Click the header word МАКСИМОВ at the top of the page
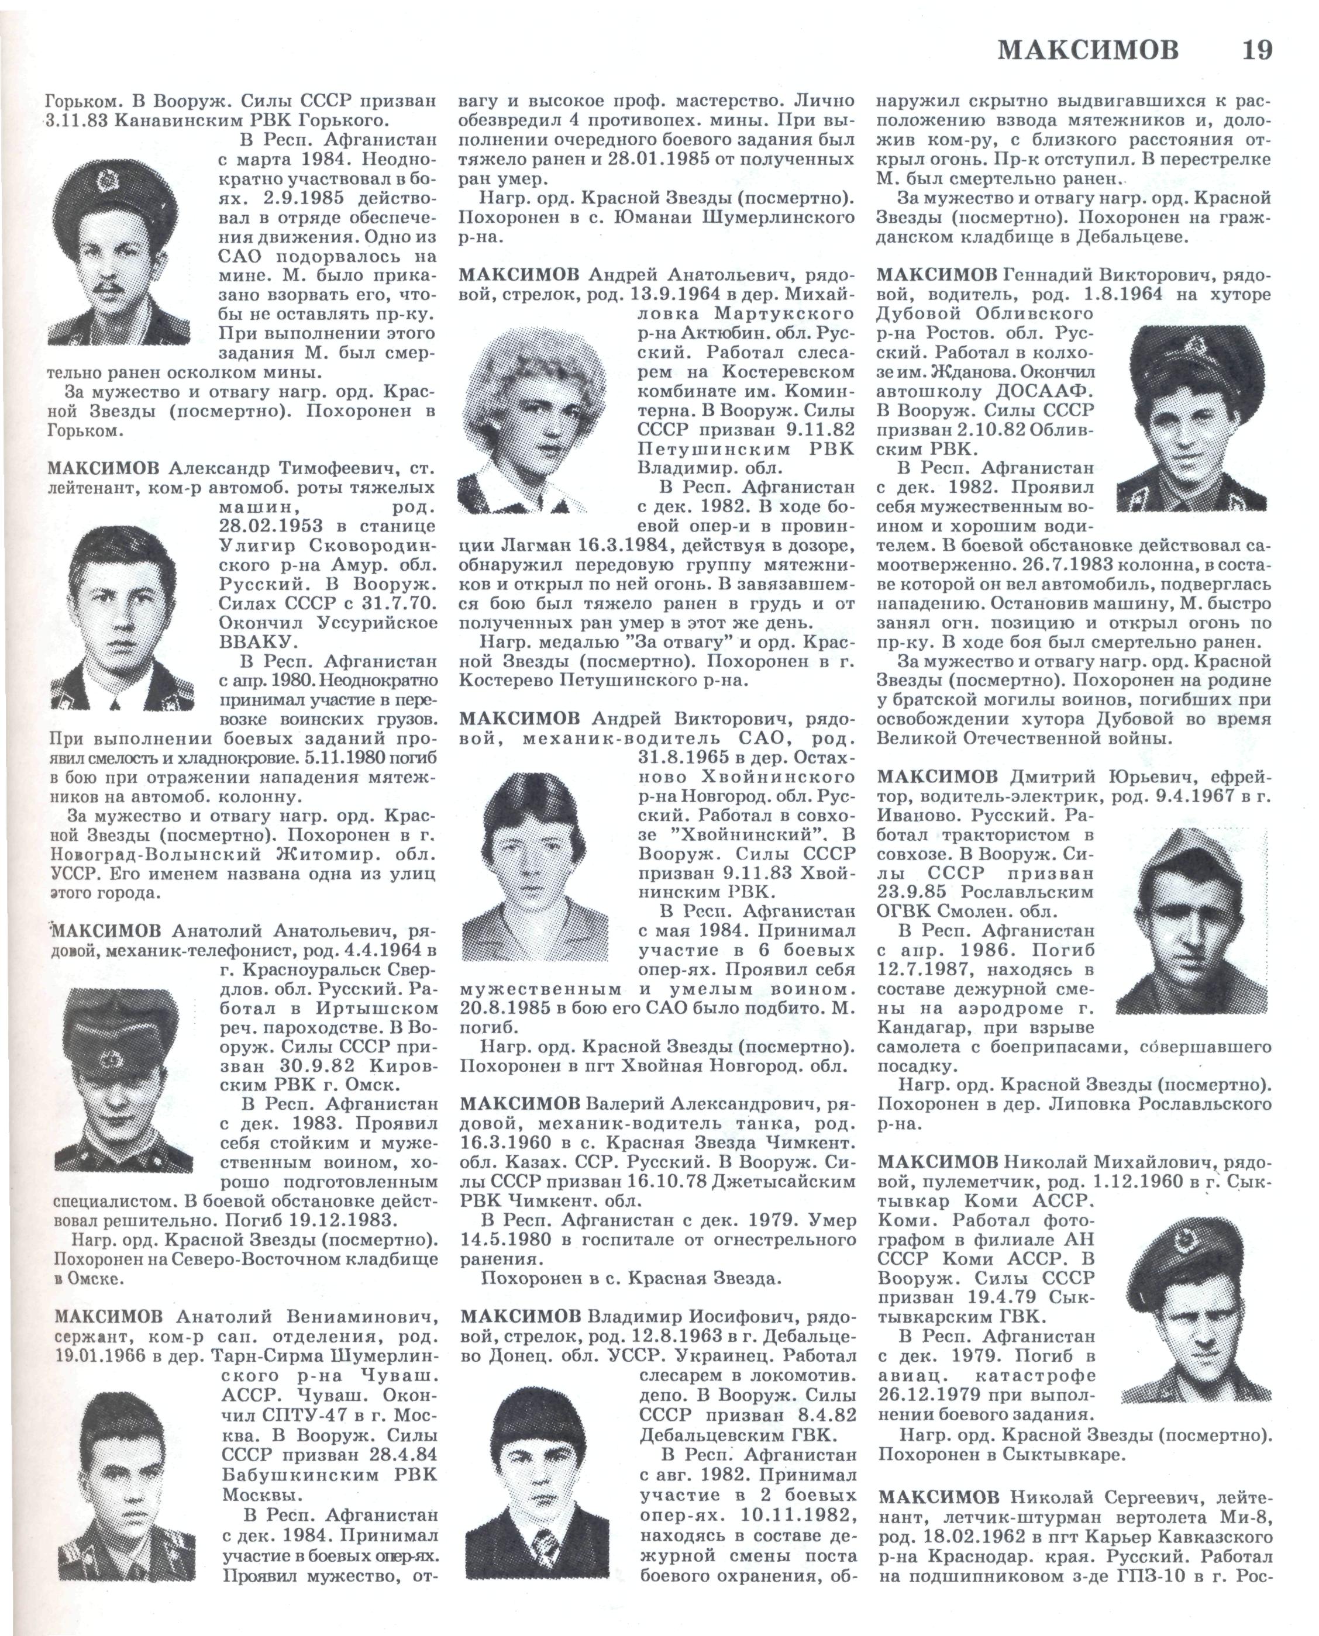[x=1088, y=51]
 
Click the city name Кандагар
[x=922, y=1028]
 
